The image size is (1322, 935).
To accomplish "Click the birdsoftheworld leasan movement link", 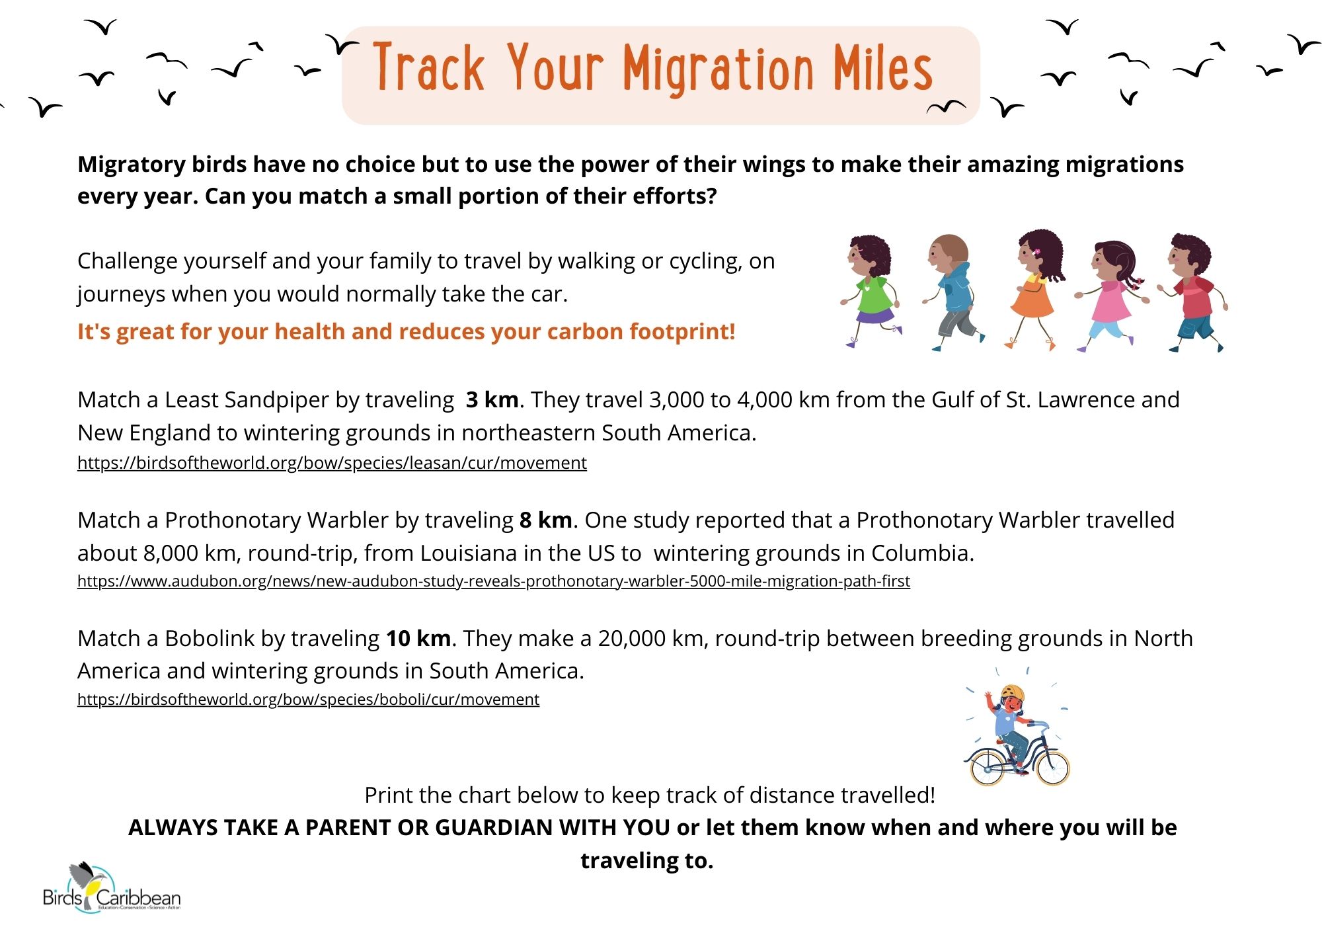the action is pyautogui.click(x=332, y=463).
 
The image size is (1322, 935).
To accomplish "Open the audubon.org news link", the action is pyautogui.click(x=494, y=581).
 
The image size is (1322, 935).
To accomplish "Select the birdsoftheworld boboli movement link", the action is pyautogui.click(x=308, y=700).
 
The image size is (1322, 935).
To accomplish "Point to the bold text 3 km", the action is pyautogui.click(x=492, y=400).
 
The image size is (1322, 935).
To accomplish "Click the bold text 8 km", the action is pyautogui.click(x=546, y=520).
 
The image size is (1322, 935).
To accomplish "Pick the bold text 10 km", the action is pyautogui.click(x=418, y=639).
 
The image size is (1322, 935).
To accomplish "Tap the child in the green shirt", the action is pyautogui.click(x=871, y=291).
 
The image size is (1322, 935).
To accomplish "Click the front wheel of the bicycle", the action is pyautogui.click(x=1052, y=768).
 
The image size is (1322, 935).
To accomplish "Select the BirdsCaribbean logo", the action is pyautogui.click(x=111, y=889).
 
